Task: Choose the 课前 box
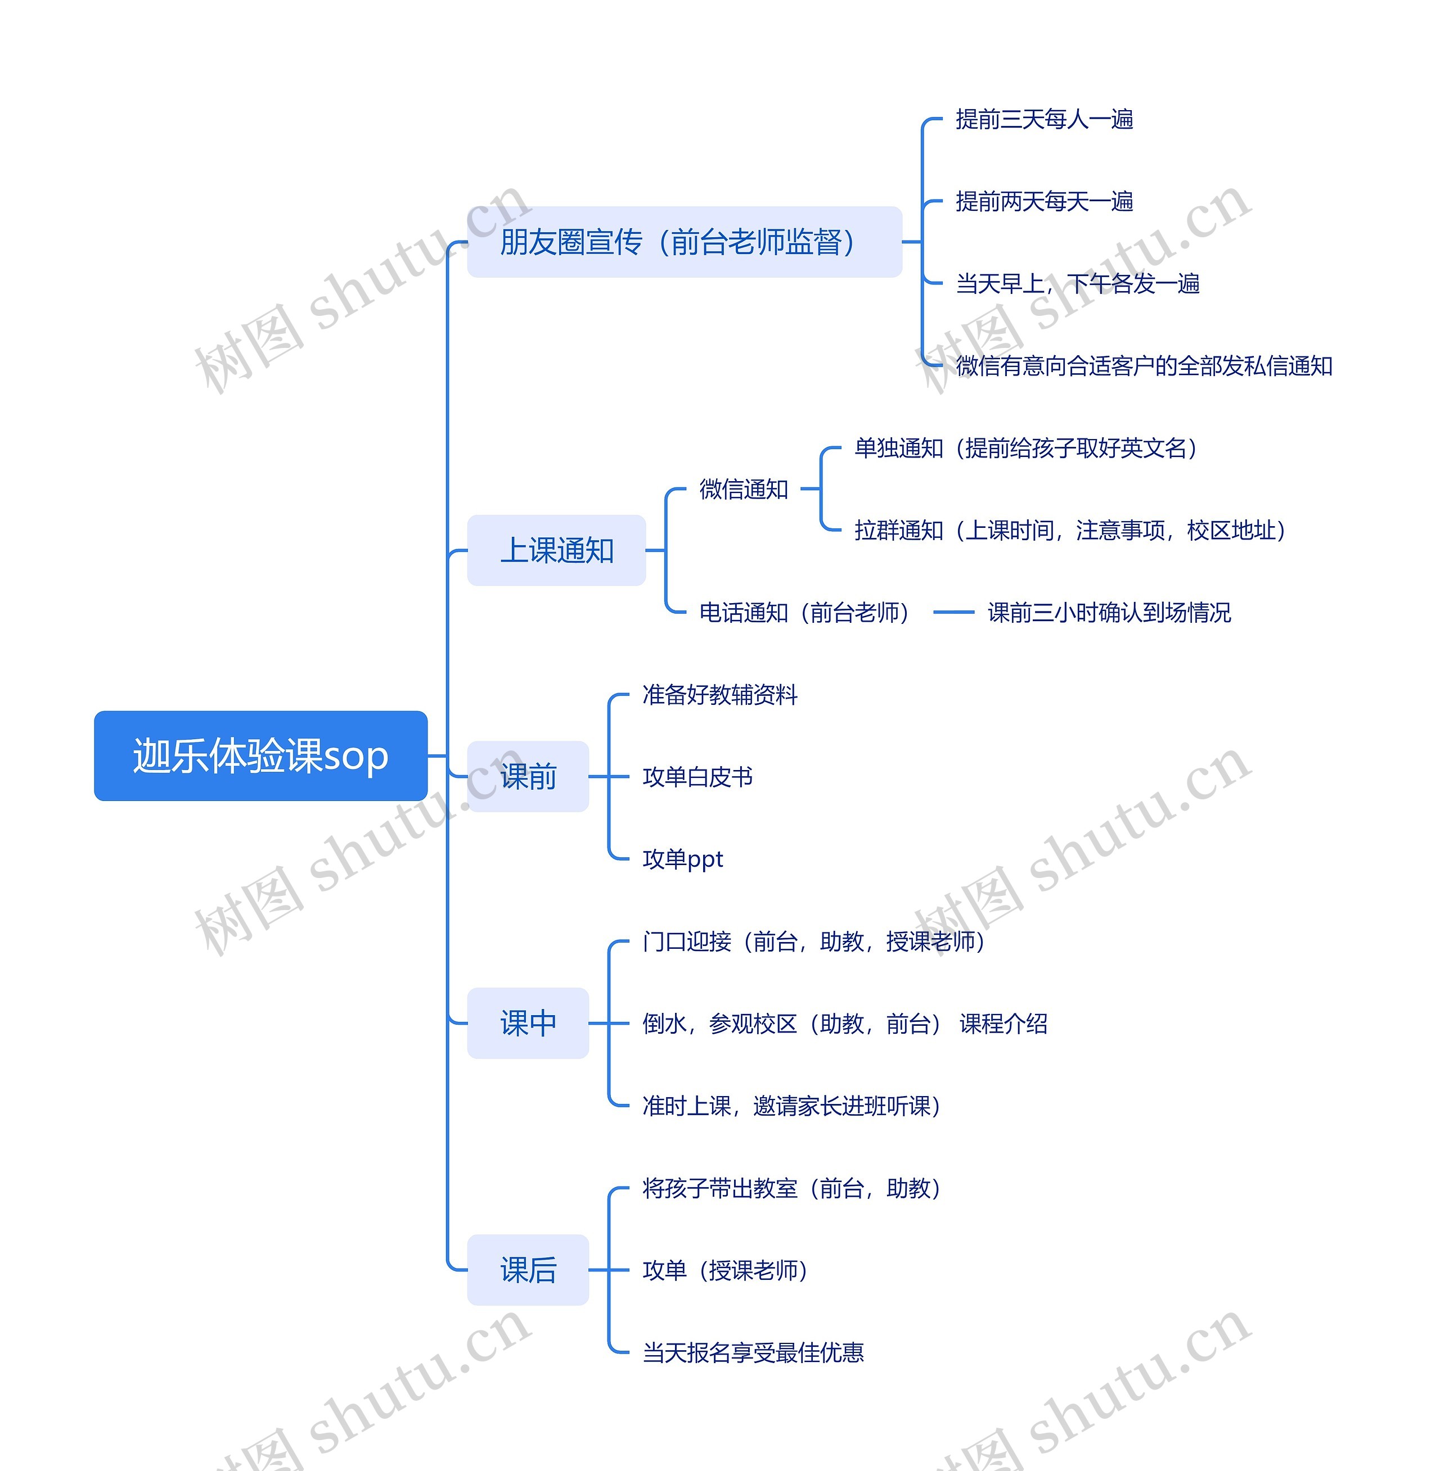pyautogui.click(x=528, y=776)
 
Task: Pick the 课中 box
pyautogui.click(x=528, y=1023)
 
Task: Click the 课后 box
pyautogui.click(x=528, y=1270)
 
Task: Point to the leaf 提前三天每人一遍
pyautogui.click(x=1043, y=119)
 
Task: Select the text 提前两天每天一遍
pyautogui.click(x=1043, y=202)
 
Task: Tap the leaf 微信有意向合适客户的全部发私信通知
pyautogui.click(x=1144, y=366)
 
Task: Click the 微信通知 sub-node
pyautogui.click(x=744, y=489)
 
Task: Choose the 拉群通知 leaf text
pyautogui.click(x=1069, y=531)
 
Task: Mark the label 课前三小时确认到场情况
pyautogui.click(x=1109, y=612)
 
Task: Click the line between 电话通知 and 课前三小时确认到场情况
pyautogui.click(x=953, y=612)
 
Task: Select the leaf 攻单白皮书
pyautogui.click(x=697, y=777)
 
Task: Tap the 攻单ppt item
pyautogui.click(x=682, y=859)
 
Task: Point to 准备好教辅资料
pyautogui.click(x=719, y=695)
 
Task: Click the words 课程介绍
pyautogui.click(x=1003, y=1024)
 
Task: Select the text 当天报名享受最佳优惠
pyautogui.click(x=753, y=1353)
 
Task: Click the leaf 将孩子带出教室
pyautogui.click(x=790, y=1189)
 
